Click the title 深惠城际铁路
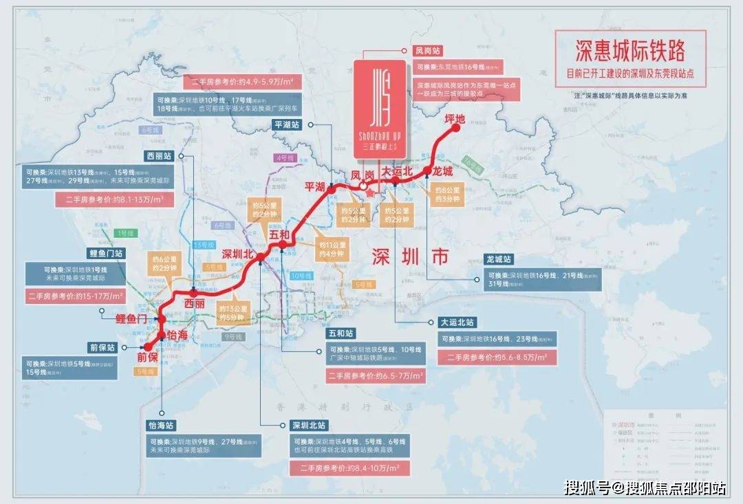[630, 50]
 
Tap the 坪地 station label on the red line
[455, 120]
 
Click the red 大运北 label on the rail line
[397, 170]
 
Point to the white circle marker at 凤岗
[362, 184]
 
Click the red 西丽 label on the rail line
[195, 303]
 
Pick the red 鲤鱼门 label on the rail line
[132, 318]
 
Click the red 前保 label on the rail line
[147, 357]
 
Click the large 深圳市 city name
[410, 256]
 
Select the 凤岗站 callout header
[428, 51]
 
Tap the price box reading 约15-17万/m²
[76, 296]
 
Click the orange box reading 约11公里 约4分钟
[332, 249]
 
